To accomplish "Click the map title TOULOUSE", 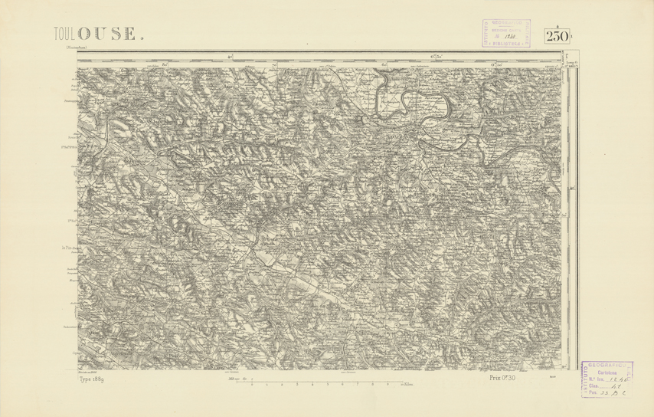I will click(x=96, y=33).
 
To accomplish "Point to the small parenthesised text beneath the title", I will click(x=70, y=50).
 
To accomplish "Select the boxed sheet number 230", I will click(x=557, y=37).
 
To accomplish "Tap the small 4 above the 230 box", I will click(x=557, y=26).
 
